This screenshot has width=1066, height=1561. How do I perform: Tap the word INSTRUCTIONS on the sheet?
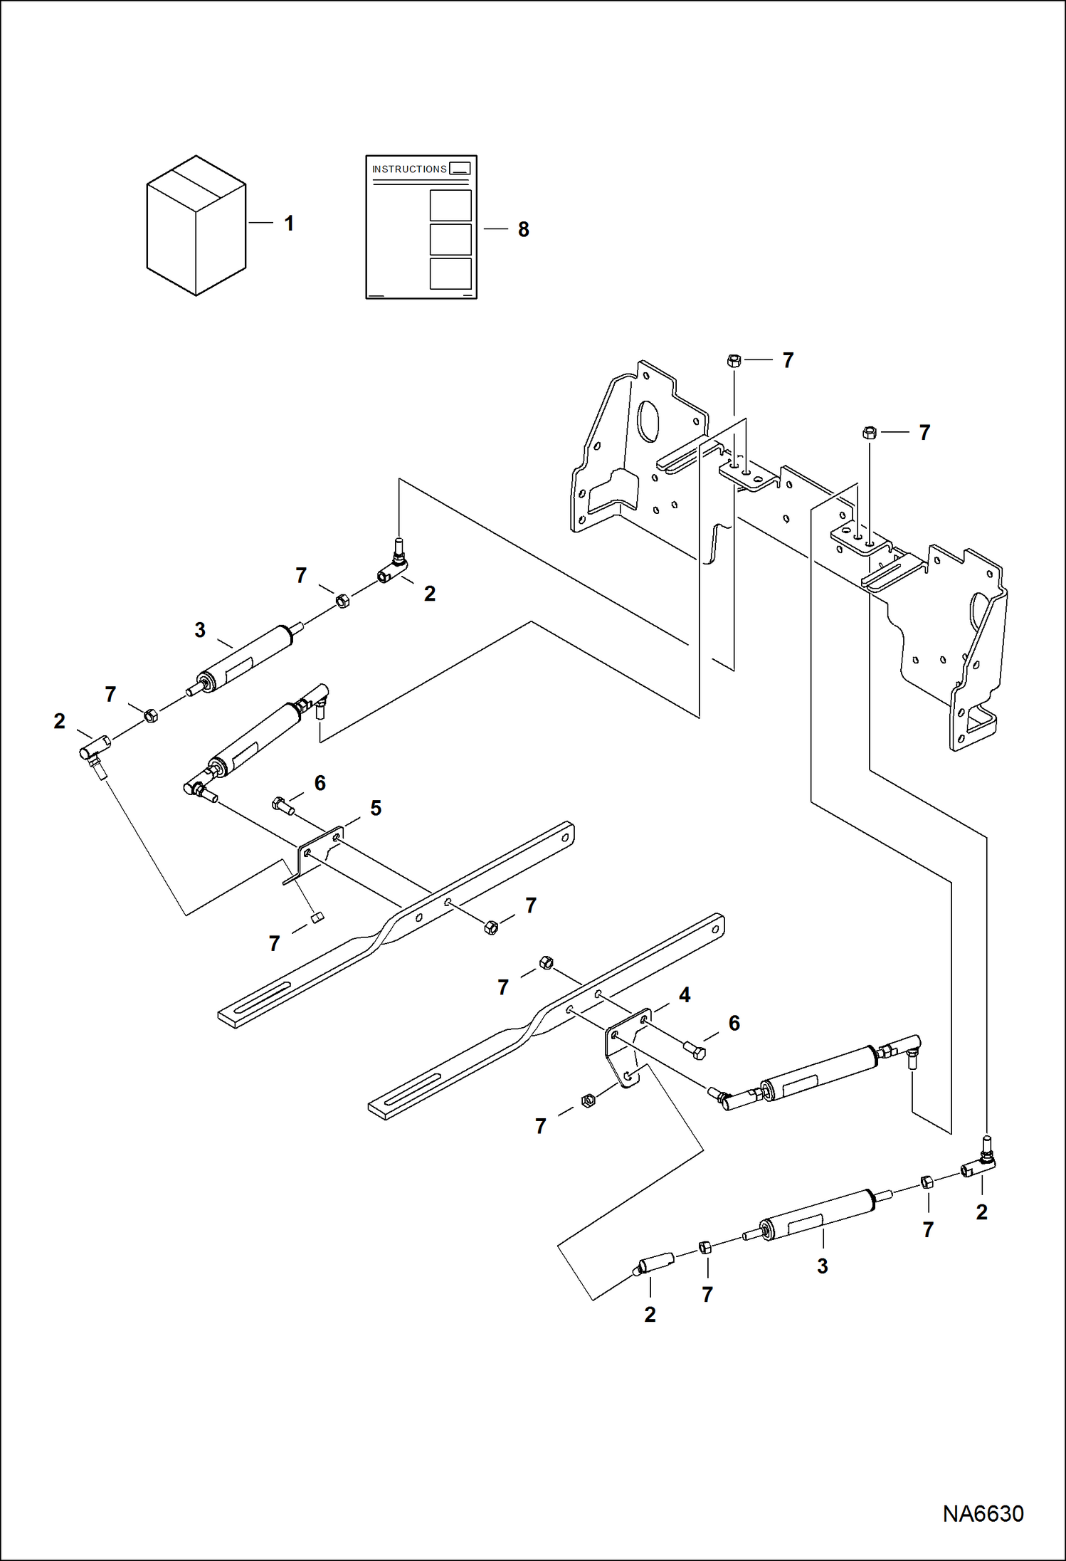pyautogui.click(x=409, y=169)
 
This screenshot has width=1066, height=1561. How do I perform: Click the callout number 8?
pyautogui.click(x=523, y=230)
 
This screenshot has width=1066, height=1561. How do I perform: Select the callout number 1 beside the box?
pyautogui.click(x=289, y=224)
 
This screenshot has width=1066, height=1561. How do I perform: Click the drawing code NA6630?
pyautogui.click(x=983, y=1513)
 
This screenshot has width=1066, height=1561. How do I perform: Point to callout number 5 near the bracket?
pyautogui.click(x=376, y=808)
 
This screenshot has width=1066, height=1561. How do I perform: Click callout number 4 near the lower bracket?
pyautogui.click(x=684, y=994)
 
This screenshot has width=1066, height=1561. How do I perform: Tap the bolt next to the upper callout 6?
pyautogui.click(x=283, y=806)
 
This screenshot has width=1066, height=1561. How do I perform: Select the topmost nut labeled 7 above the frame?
pyautogui.click(x=734, y=360)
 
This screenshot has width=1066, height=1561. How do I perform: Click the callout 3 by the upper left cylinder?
pyautogui.click(x=200, y=630)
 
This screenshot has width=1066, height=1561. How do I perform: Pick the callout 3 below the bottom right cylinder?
pyautogui.click(x=822, y=1266)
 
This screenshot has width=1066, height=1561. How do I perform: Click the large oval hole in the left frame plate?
pyautogui.click(x=649, y=421)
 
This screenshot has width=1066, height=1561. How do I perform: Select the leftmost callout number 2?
pyautogui.click(x=59, y=721)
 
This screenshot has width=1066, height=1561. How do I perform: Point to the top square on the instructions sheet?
pyautogui.click(x=450, y=206)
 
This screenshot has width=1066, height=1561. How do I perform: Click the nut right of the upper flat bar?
pyautogui.click(x=490, y=927)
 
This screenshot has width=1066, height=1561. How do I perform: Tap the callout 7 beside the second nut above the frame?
pyautogui.click(x=924, y=432)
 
